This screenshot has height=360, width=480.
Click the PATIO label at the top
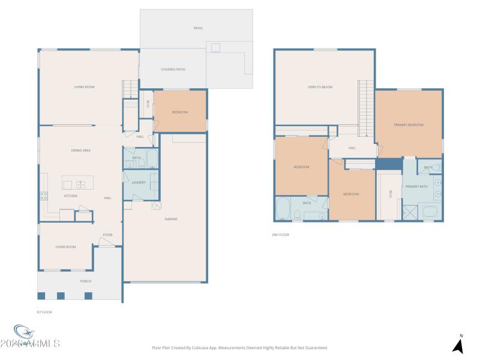(x=197, y=28)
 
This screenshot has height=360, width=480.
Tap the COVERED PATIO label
(x=173, y=70)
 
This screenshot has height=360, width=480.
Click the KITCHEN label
(x=71, y=196)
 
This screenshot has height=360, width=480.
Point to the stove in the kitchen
(x=43, y=194)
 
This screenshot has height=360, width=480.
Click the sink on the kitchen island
(x=80, y=185)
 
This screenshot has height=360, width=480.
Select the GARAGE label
(x=171, y=219)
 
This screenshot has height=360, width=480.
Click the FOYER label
(x=107, y=235)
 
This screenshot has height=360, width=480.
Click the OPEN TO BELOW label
(x=320, y=88)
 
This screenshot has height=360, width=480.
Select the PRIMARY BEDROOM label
(x=409, y=125)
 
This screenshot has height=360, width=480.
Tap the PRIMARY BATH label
(x=416, y=187)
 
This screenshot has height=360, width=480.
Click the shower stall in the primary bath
(x=411, y=212)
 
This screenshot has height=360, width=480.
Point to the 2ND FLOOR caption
(x=280, y=235)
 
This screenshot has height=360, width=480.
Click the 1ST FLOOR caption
(x=45, y=312)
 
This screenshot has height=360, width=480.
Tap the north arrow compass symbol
(x=458, y=345)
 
